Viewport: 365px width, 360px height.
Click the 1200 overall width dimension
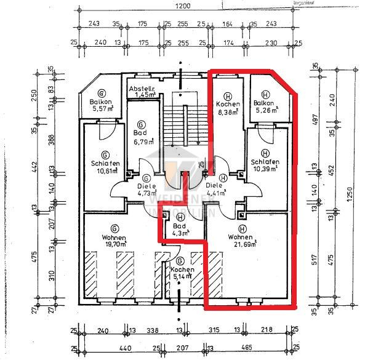click(182, 6)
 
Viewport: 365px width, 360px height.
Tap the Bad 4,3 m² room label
click(180, 229)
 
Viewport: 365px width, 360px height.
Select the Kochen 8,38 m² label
click(228, 108)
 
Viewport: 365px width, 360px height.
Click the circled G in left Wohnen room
click(115, 227)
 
